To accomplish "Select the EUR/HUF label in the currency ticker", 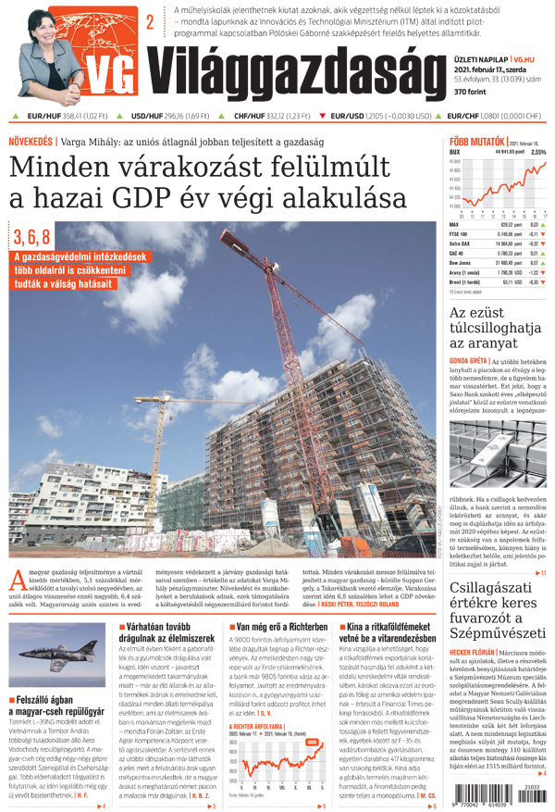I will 43,117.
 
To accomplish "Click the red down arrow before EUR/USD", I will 323,117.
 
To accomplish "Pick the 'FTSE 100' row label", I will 460,235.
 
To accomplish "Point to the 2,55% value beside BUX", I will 538,152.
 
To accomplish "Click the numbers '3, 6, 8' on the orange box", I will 31,234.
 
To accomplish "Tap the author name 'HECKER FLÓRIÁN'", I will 474,650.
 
